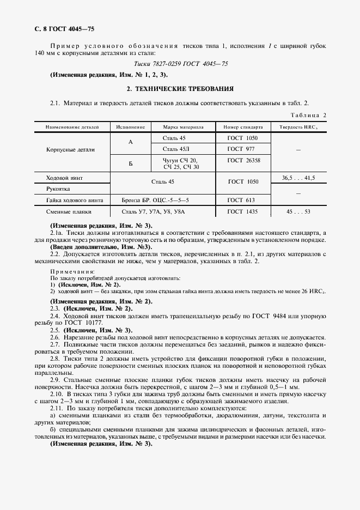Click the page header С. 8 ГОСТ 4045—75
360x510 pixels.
[x=57, y=28]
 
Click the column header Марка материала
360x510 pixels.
[x=183, y=126]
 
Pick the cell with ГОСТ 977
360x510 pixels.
[x=242, y=149]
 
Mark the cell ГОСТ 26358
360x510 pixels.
[x=243, y=160]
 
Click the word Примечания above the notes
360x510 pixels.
[x=72, y=271]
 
